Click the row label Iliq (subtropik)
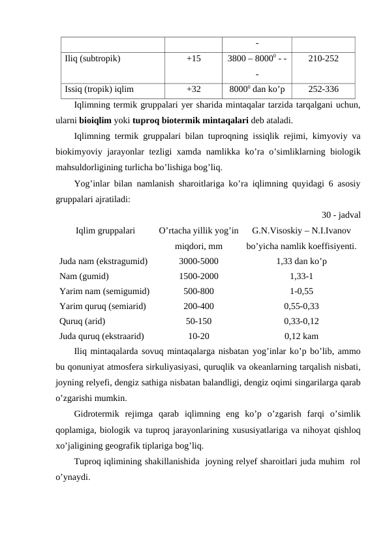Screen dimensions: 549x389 pyautogui.click(x=92, y=57)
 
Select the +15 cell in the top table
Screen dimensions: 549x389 pyautogui.click(x=193, y=57)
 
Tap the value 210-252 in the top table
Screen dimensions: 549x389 pyautogui.click(x=322, y=57)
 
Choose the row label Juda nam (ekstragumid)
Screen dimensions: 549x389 pyautogui.click(x=103, y=261)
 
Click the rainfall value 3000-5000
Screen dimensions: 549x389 pyautogui.click(x=198, y=261)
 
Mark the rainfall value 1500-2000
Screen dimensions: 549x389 pyautogui.click(x=198, y=276)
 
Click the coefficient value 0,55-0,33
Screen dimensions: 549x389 pyautogui.click(x=302, y=306)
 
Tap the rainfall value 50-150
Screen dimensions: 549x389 pyautogui.click(x=198, y=321)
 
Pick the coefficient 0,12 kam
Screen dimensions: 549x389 pyautogui.click(x=302, y=336)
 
